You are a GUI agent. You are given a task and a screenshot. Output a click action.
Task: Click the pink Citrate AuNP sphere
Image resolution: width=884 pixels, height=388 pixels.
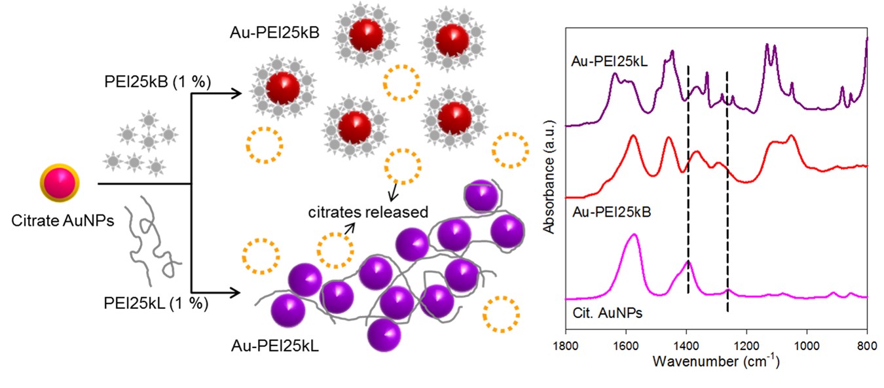point(60,185)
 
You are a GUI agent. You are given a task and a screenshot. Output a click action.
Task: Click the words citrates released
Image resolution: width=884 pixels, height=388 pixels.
point(370,212)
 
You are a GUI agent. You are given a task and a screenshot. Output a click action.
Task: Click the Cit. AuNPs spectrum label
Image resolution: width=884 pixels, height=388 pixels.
point(603,313)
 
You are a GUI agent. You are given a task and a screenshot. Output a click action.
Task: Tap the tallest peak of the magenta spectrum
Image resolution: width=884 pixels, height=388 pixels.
point(633,235)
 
